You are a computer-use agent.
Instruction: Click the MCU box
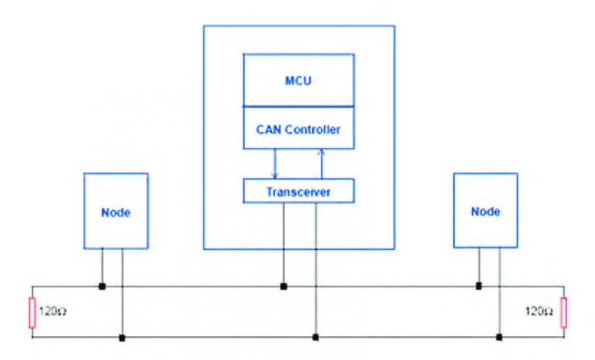tap(298, 81)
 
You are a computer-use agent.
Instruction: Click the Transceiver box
tap(298, 190)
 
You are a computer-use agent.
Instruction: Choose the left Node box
tap(115, 211)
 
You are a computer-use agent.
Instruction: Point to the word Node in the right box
tap(485, 211)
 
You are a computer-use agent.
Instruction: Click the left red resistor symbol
tap(32, 311)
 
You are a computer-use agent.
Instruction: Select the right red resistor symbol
tap(564, 311)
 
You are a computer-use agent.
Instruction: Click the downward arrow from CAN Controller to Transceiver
tap(274, 164)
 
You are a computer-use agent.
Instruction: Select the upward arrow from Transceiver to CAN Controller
tap(321, 164)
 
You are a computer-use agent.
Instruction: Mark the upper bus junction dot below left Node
tap(102, 286)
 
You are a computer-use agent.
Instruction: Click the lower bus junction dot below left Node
tap(122, 338)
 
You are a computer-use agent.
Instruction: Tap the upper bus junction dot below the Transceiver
tap(284, 286)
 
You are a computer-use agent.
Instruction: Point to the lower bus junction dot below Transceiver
tap(315, 338)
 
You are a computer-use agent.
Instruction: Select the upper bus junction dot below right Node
tap(479, 286)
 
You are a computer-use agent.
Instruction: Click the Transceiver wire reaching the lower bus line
tap(315, 271)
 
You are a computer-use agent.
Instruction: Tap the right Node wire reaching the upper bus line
tap(479, 267)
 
